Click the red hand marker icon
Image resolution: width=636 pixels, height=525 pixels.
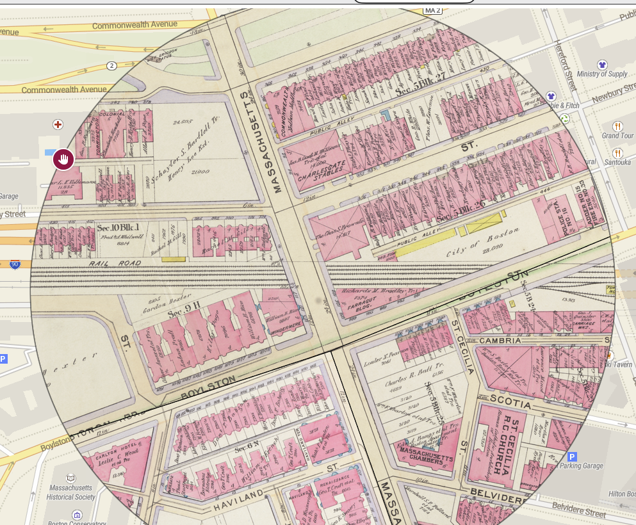[x=63, y=159]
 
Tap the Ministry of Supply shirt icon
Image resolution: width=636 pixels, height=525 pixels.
[x=601, y=65]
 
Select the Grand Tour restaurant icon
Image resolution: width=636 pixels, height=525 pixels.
[x=617, y=126]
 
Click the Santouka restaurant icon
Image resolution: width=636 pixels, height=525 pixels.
[x=617, y=153]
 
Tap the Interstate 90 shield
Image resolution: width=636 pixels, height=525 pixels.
[x=14, y=264]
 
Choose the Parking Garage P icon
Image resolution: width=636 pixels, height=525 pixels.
[x=572, y=456]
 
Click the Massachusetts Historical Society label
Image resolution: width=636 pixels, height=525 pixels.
[x=70, y=492]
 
